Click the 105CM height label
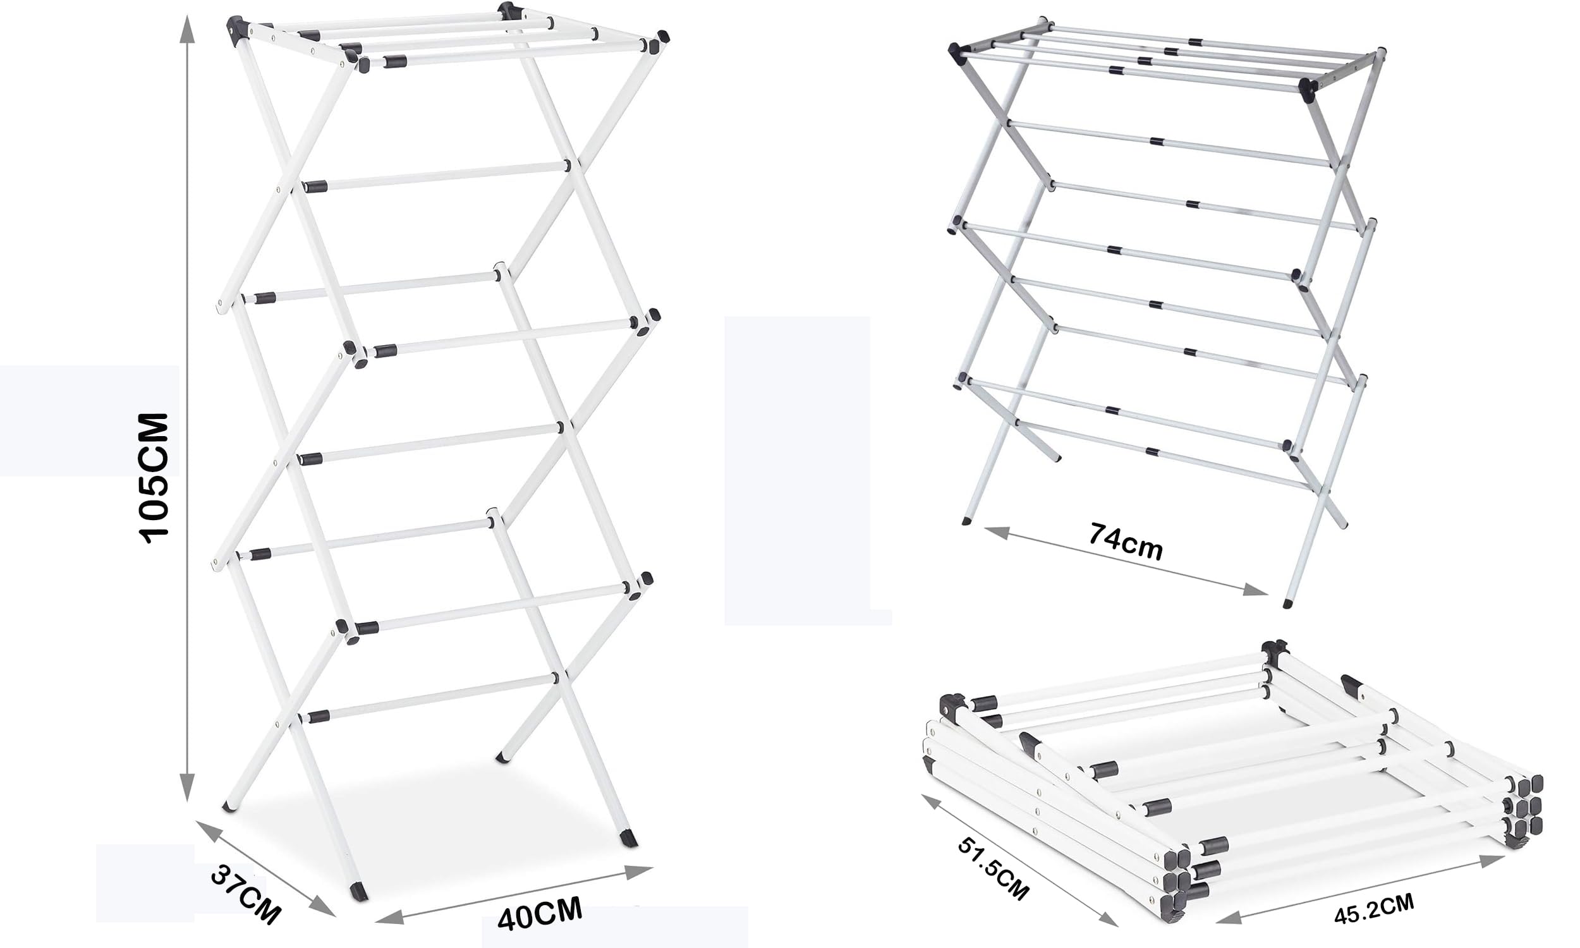tap(154, 478)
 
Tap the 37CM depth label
tap(245, 894)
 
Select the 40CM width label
tap(540, 913)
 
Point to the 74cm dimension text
tap(1126, 542)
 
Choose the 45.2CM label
tap(1375, 908)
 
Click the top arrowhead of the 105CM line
tap(186, 28)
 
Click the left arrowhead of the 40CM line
tap(389, 916)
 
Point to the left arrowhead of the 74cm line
tap(997, 532)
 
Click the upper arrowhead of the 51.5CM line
tap(932, 803)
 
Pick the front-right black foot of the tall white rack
tap(629, 838)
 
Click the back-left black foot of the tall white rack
tap(228, 808)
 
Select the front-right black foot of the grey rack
tap(1287, 603)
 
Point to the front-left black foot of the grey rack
tap(966, 521)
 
